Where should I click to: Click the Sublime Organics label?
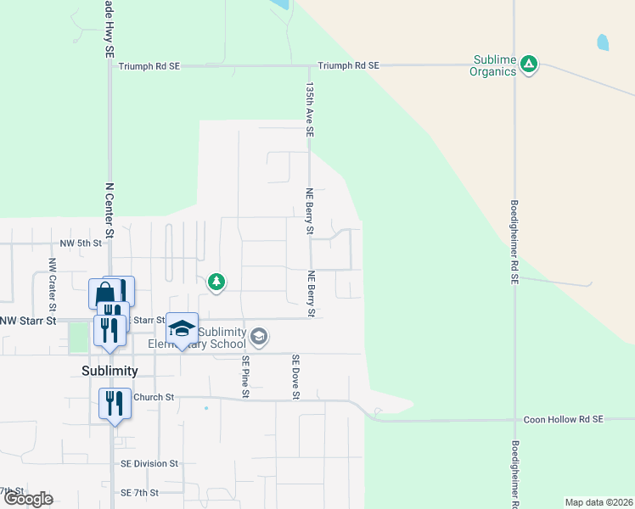pos(492,66)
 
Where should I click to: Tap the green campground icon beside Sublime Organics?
pos(529,63)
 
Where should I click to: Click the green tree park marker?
pos(216,282)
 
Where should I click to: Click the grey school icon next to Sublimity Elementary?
pos(259,338)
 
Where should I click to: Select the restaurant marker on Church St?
pos(115,403)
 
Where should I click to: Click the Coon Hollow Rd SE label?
pos(563,419)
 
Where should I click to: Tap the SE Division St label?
pos(149,464)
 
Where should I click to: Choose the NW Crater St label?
pos(52,275)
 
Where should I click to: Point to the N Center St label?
pos(109,211)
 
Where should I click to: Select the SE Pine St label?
pos(245,377)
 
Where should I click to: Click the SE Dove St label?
pos(296,377)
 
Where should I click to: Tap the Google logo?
pos(28,499)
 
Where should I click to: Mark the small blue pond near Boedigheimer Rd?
pos(603,42)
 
